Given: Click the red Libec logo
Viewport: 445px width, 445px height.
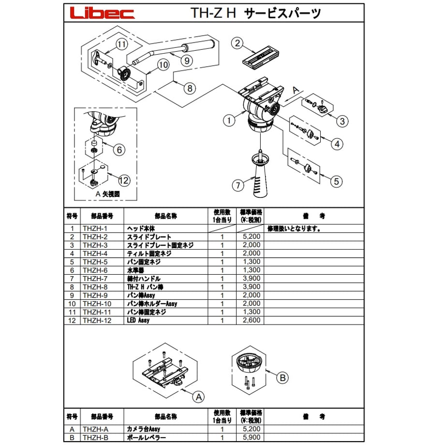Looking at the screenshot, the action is tap(102, 13).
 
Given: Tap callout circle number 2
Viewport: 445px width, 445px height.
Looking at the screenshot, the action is tap(237, 44).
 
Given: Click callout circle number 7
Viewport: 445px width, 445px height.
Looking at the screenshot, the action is tap(238, 186).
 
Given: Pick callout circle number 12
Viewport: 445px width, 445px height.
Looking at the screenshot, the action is tap(124, 180).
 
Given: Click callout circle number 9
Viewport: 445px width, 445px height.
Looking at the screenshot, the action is tap(187, 60).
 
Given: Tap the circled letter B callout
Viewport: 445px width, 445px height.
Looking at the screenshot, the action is tap(282, 378).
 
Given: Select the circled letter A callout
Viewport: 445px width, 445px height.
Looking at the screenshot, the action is tap(199, 397).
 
